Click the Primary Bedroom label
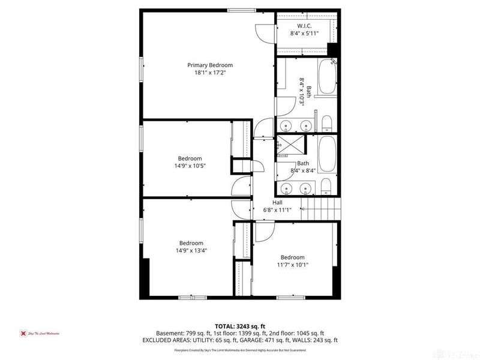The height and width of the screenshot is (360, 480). point(209,65)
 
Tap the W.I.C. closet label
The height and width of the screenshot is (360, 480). point(304,26)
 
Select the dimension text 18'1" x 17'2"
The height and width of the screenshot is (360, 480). point(209,73)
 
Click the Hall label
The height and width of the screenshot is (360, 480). point(277,202)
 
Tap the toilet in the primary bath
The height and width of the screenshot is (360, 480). point(326,125)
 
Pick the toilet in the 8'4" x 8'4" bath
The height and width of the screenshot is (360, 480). point(325,185)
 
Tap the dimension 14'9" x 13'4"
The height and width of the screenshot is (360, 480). point(189,250)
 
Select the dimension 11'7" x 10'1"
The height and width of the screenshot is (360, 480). point(292,265)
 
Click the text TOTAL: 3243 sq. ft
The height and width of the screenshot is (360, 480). point(240,326)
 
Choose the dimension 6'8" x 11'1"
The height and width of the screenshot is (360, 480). point(277,209)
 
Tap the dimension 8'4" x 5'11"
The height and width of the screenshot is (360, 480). point(304,34)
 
